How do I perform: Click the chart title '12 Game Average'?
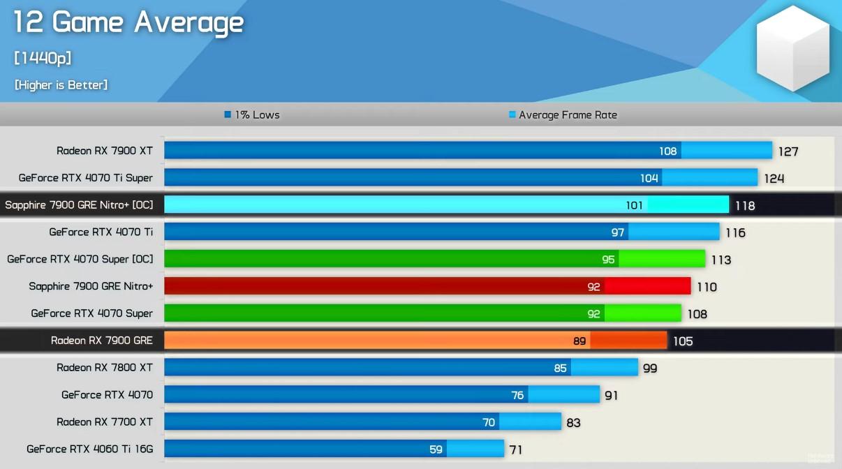pyautogui.click(x=128, y=23)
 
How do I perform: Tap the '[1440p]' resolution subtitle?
pyautogui.click(x=43, y=58)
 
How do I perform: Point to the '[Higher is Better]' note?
pyautogui.click(x=61, y=84)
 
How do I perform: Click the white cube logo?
pyautogui.click(x=792, y=47)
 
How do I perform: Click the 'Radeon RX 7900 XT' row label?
pyautogui.click(x=105, y=151)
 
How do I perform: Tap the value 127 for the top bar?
pyautogui.click(x=788, y=151)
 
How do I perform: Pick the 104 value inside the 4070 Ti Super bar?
pyautogui.click(x=649, y=178)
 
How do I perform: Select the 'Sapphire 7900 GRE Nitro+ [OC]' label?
pyautogui.click(x=79, y=205)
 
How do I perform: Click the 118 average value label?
pyautogui.click(x=745, y=206)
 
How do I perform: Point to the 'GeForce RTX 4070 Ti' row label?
pyautogui.click(x=101, y=232)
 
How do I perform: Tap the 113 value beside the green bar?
pyautogui.click(x=721, y=260)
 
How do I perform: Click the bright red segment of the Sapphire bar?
pyautogui.click(x=647, y=286)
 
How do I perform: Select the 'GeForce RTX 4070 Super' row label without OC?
pyautogui.click(x=91, y=313)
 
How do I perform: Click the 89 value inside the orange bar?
pyautogui.click(x=579, y=341)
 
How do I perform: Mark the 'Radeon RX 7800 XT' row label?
pyautogui.click(x=105, y=368)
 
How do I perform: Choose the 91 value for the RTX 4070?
pyautogui.click(x=611, y=395)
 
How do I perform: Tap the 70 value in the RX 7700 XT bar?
pyautogui.click(x=489, y=422)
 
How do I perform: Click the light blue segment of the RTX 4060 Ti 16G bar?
pyautogui.click(x=475, y=449)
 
